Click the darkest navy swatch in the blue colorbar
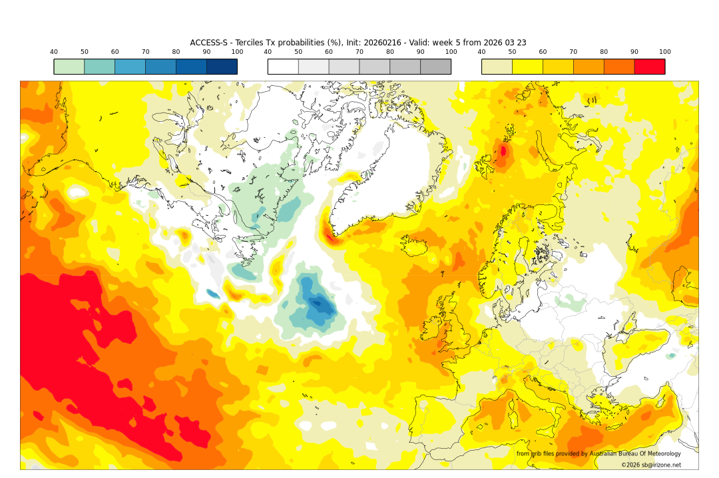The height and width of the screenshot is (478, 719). click(x=222, y=67)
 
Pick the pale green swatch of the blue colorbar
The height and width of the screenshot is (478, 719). click(x=69, y=67)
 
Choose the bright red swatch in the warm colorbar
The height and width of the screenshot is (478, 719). click(x=649, y=67)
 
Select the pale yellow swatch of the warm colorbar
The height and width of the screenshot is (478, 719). click(x=497, y=67)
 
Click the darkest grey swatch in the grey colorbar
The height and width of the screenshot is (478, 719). click(x=435, y=67)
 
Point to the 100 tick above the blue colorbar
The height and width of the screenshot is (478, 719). click(x=237, y=52)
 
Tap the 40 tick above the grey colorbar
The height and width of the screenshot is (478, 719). click(x=268, y=52)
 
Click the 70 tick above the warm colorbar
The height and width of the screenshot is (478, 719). click(x=573, y=52)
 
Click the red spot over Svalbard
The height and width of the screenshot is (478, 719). click(x=503, y=151)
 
